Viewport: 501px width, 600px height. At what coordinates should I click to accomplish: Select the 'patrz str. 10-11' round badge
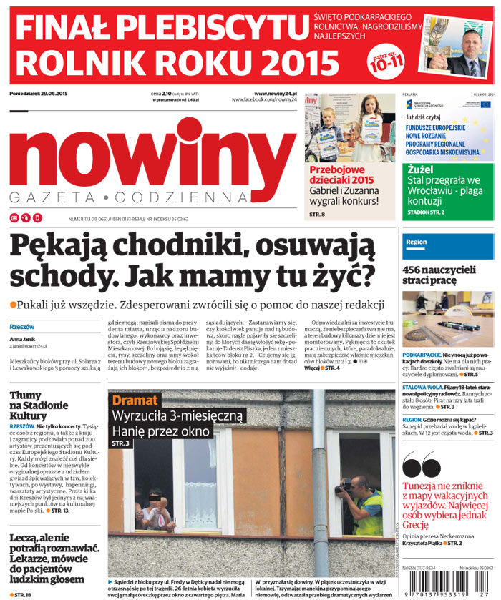point(385,63)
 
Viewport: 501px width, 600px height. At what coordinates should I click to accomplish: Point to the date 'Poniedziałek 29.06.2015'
point(39,94)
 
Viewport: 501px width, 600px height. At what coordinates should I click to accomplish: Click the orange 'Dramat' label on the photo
point(134,400)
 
